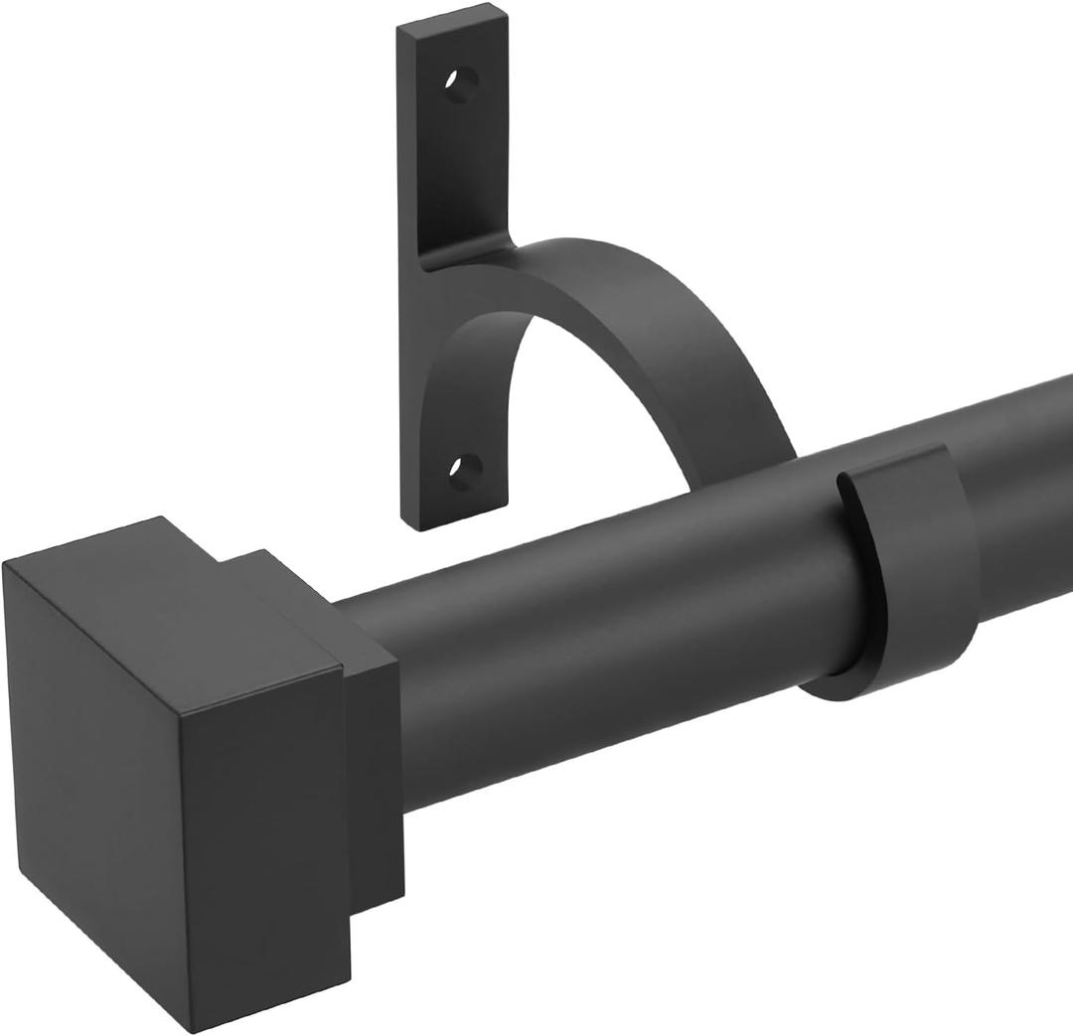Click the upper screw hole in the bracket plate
tap(461, 84)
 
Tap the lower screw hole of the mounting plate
tap(465, 467)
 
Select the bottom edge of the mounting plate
tap(457, 521)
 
